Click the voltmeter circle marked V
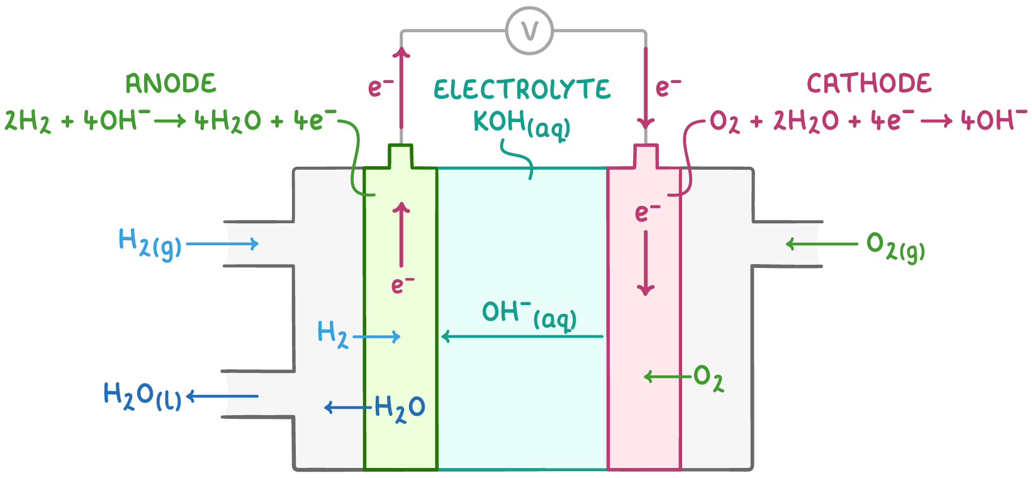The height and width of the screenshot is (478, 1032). pos(529,31)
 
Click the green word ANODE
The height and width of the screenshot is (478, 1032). pos(171,84)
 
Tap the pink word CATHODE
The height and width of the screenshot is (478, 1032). pos(869,84)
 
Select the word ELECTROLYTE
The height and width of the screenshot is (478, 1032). pos(522,90)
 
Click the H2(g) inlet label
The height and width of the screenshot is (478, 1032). pos(150,243)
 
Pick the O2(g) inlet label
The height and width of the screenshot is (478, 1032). pos(895,246)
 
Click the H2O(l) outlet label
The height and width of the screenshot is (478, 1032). pos(142,396)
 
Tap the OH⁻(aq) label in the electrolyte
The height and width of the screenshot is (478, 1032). pos(529,314)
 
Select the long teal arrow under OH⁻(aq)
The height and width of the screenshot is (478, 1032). pos(522,336)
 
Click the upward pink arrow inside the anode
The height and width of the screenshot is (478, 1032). pos(401,234)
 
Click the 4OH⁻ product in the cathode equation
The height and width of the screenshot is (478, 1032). pos(994,119)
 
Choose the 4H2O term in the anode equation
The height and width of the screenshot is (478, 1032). pos(227,121)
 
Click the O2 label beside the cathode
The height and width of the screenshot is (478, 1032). pos(708,378)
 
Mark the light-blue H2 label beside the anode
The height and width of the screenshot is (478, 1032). pos(332,333)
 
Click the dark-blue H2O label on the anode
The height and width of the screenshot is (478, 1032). pos(400,408)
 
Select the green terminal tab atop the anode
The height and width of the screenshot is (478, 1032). pos(401,157)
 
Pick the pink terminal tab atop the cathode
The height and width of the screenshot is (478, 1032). pos(645,157)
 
